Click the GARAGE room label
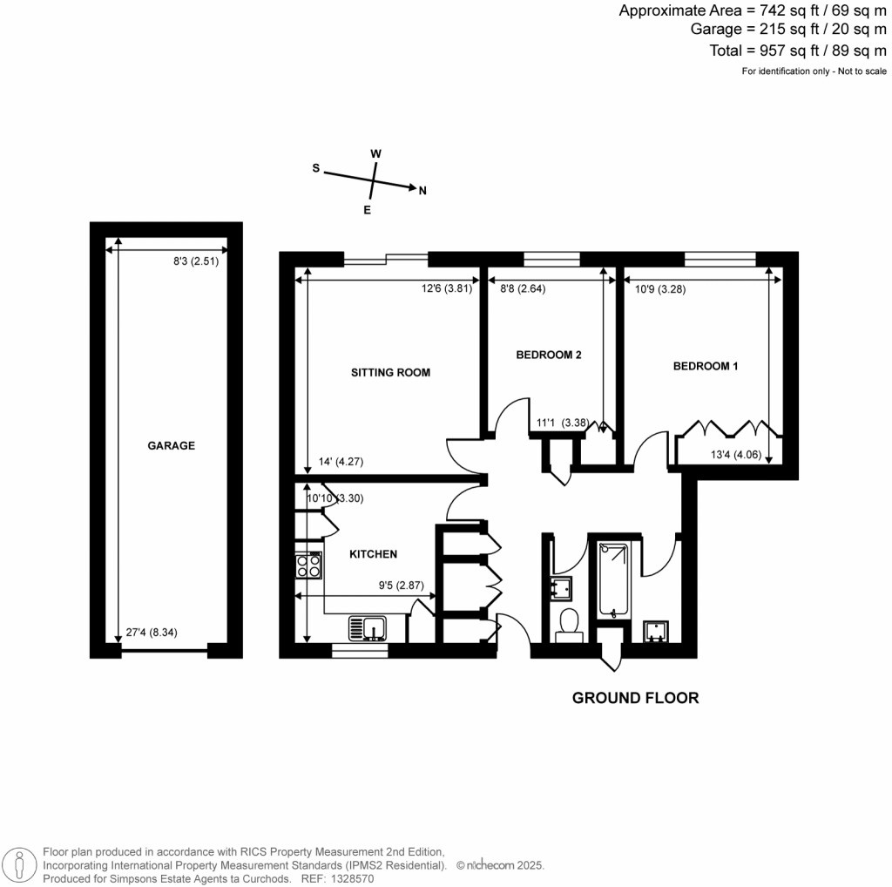(x=172, y=445)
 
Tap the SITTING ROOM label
(x=390, y=373)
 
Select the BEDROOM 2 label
(x=549, y=355)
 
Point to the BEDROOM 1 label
(x=706, y=366)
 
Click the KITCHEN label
(x=373, y=554)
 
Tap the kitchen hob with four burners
(x=308, y=565)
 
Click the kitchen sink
(x=367, y=628)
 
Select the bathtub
(x=613, y=579)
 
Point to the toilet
(x=569, y=625)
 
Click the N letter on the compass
(x=422, y=191)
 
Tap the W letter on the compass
(x=375, y=153)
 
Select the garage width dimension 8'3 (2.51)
(x=196, y=261)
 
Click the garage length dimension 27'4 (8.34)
(x=152, y=632)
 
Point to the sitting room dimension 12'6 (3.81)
(x=447, y=288)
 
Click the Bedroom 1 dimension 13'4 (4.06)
(x=736, y=455)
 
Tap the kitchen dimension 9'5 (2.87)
(x=401, y=585)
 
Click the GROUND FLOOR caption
(x=635, y=698)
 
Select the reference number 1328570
(x=353, y=878)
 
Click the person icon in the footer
(x=19, y=866)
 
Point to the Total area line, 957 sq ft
(x=798, y=51)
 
